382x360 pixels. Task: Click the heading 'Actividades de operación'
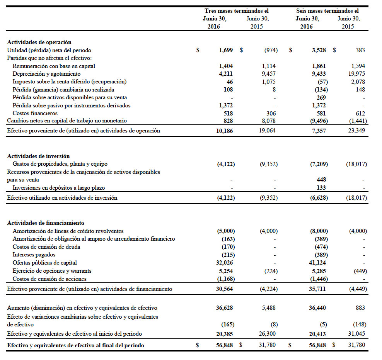[39, 42]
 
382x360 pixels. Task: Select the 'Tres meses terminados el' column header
[236, 11]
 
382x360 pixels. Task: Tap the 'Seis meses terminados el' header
[327, 11]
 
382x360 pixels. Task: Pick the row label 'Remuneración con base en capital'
[54, 66]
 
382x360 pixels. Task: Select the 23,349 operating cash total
[356, 131]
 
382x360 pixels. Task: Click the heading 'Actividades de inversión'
[38, 156]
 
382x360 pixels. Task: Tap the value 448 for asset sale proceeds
[321, 180]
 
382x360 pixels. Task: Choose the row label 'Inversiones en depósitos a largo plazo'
[59, 188]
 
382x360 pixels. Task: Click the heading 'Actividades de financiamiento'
[46, 223]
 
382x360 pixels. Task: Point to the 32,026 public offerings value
[225, 263]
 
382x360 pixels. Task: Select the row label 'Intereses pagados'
[34, 255]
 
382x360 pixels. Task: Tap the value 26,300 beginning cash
[267, 333]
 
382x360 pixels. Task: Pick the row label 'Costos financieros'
[35, 113]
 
